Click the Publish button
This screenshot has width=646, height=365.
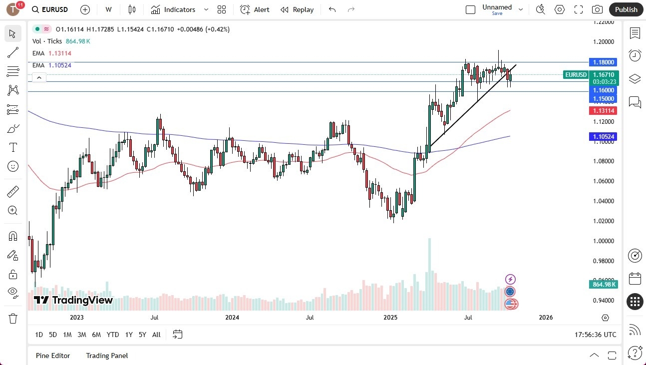coord(626,9)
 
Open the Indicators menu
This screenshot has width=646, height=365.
coord(174,9)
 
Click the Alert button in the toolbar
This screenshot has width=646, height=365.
coord(255,9)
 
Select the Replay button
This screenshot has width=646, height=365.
coord(297,9)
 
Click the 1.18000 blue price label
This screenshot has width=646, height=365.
coord(603,62)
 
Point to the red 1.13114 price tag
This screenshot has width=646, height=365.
coord(603,110)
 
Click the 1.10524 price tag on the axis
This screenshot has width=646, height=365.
coord(603,136)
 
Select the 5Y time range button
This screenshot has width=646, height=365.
coord(142,335)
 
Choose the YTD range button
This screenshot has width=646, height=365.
coord(113,335)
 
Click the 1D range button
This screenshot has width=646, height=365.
coord(39,335)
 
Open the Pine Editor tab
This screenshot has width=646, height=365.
coord(53,356)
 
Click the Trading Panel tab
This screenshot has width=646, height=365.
coord(107,356)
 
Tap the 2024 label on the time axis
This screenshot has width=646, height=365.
coord(232,317)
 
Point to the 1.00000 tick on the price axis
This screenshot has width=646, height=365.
coord(604,241)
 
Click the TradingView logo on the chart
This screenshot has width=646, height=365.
coord(73,300)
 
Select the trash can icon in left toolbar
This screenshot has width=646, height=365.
coord(13,318)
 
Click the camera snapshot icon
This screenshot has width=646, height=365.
coord(597,9)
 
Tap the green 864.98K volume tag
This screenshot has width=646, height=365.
coord(603,284)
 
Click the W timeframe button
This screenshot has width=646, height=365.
coord(108,9)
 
